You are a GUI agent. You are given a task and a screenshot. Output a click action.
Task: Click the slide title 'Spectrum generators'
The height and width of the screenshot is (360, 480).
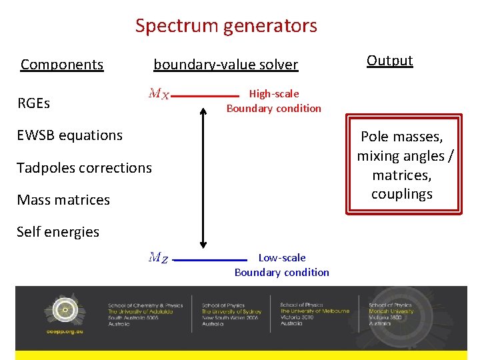(x=226, y=26)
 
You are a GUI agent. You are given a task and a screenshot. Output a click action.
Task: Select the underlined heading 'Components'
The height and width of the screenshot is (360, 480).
(x=62, y=65)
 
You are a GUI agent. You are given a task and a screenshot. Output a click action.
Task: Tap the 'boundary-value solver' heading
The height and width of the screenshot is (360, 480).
(x=225, y=65)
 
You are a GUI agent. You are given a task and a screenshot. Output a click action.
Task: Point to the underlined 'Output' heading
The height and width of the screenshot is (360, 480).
(x=390, y=61)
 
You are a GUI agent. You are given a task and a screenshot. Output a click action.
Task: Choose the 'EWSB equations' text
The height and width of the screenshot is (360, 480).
(x=69, y=135)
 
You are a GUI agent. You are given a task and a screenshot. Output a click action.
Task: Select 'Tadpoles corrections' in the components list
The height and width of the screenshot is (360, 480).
(x=84, y=168)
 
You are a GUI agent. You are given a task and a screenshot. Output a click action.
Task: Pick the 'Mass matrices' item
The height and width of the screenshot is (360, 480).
(x=63, y=200)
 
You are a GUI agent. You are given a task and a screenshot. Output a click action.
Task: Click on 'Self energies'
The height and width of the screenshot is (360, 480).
(x=58, y=232)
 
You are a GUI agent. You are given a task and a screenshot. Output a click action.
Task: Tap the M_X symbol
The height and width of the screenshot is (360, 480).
(x=159, y=94)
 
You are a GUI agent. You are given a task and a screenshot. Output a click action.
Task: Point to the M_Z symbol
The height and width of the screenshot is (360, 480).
(x=159, y=257)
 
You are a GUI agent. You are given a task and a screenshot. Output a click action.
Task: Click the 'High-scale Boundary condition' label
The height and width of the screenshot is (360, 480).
(x=274, y=101)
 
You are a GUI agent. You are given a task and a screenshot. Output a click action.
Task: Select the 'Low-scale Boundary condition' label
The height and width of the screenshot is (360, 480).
(x=282, y=265)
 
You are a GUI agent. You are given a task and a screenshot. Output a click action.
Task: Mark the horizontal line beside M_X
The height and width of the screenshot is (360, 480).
(x=204, y=95)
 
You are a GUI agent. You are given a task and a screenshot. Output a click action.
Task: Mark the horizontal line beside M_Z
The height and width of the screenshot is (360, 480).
(x=213, y=259)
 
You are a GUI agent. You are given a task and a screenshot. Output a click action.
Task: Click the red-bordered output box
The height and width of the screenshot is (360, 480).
(x=402, y=165)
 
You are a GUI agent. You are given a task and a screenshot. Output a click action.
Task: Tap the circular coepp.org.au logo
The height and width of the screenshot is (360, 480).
(x=65, y=309)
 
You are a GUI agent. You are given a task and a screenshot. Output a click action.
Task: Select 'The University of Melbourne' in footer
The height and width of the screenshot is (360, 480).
(x=312, y=311)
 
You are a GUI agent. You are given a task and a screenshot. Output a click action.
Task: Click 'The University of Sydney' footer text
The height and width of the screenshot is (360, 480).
(x=231, y=311)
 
